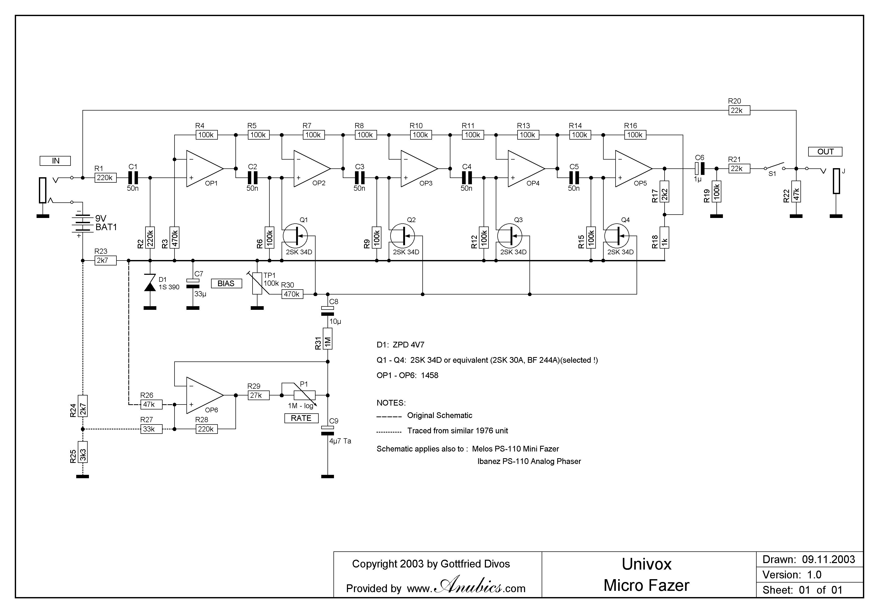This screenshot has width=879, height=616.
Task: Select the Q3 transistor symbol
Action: click(510, 236)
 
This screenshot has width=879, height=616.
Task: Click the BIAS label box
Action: click(226, 284)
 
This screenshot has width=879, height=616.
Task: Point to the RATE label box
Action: click(301, 418)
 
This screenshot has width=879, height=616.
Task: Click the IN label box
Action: click(55, 161)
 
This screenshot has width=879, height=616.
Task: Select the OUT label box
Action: click(825, 152)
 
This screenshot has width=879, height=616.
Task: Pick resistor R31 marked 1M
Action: click(328, 339)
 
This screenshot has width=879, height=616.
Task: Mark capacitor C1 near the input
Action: click(132, 178)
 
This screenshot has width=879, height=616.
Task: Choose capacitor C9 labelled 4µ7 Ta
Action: click(328, 430)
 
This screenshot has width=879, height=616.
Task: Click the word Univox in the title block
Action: click(647, 564)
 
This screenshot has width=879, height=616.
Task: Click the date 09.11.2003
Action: click(828, 560)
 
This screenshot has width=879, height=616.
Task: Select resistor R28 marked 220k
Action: click(207, 429)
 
